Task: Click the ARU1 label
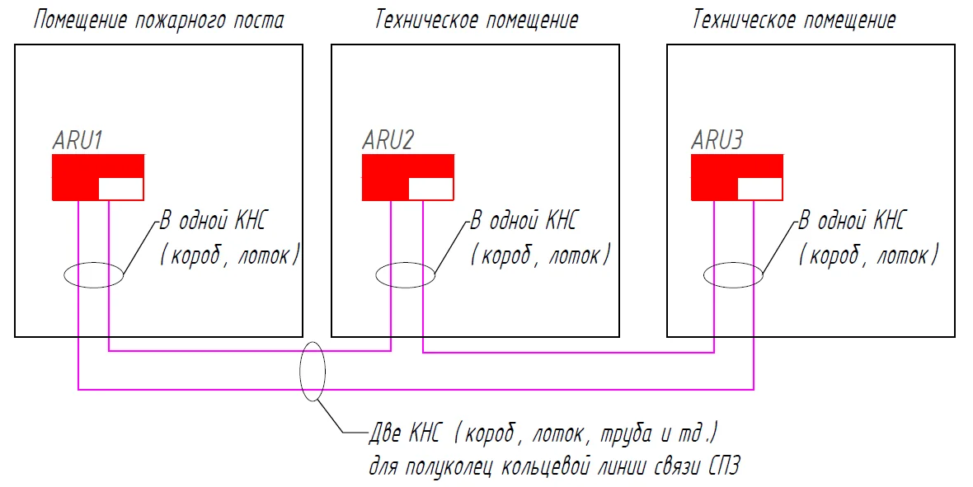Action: click(77, 140)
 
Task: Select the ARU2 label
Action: click(388, 140)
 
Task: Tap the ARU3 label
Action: click(717, 140)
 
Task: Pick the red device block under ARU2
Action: click(385, 177)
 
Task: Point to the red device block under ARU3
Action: click(714, 177)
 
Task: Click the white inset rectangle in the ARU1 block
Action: click(121, 189)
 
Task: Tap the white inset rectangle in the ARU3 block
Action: click(759, 189)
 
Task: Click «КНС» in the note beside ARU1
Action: click(250, 220)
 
